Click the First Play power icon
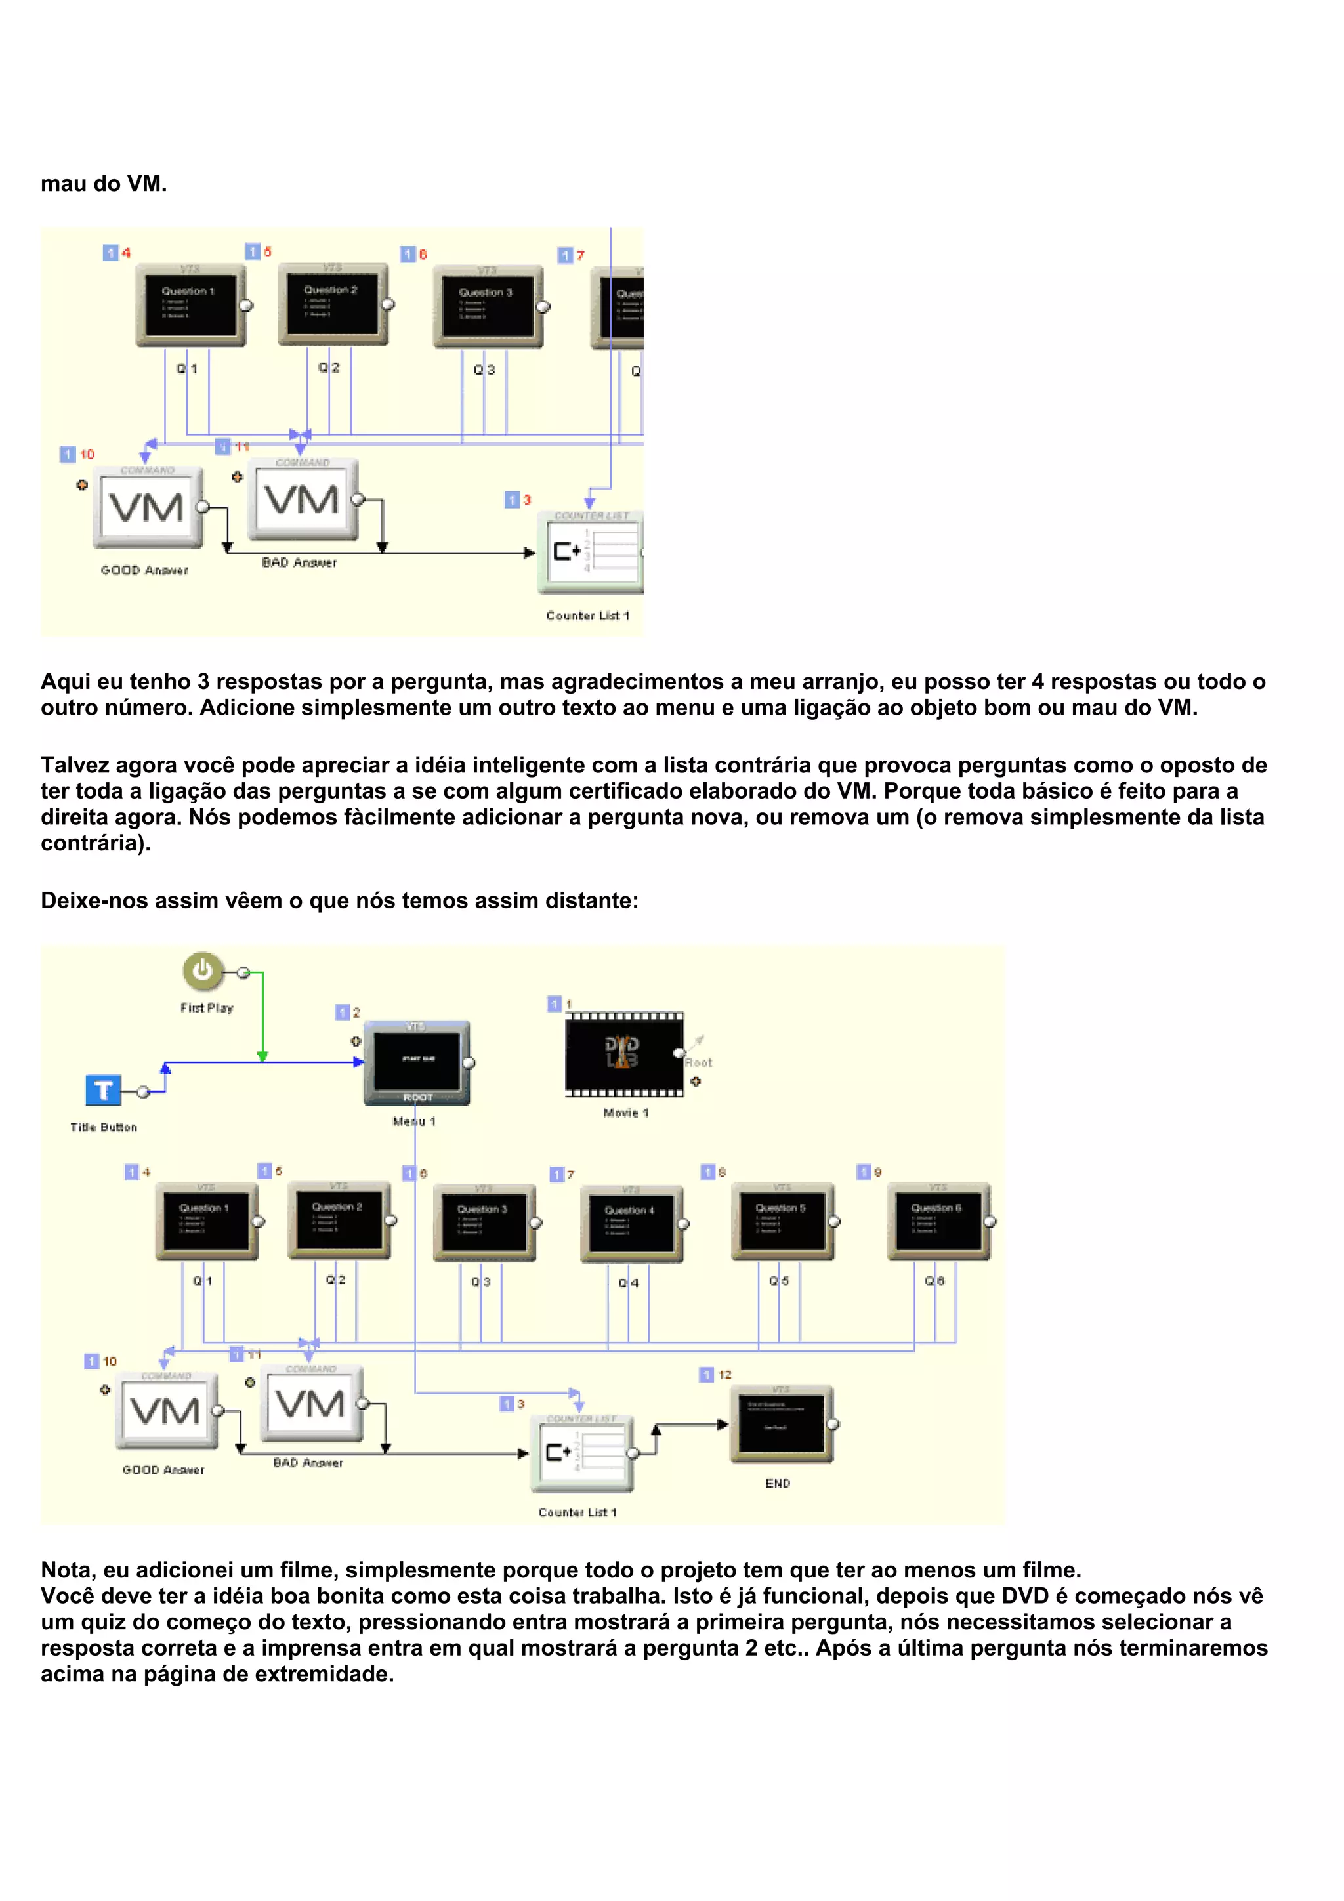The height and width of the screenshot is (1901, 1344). click(x=203, y=972)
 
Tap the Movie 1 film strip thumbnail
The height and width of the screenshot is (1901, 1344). click(x=623, y=1054)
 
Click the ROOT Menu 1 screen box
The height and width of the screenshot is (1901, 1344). click(x=417, y=1062)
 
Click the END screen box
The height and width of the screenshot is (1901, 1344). click(x=781, y=1423)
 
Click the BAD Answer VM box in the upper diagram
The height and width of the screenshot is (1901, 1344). click(x=303, y=499)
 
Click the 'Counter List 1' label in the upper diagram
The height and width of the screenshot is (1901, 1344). click(x=587, y=615)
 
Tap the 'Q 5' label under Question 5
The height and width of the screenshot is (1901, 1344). click(x=778, y=1281)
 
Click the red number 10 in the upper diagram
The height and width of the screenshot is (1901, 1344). click(x=87, y=455)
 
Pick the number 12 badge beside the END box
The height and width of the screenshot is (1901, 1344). click(x=724, y=1375)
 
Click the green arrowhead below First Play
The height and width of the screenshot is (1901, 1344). click(x=262, y=1056)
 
